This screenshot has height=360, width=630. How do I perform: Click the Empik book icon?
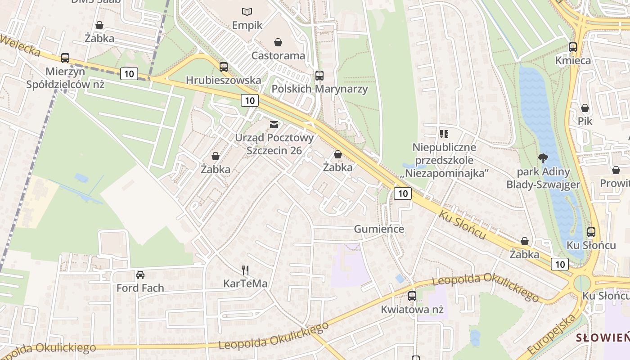click(x=247, y=12)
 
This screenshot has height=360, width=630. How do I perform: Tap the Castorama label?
click(x=278, y=56)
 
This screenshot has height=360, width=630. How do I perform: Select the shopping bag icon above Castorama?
click(x=278, y=42)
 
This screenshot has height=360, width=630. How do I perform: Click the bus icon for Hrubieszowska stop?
click(x=224, y=67)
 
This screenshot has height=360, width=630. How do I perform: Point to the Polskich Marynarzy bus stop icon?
click(x=319, y=75)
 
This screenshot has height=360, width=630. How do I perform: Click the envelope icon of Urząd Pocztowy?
click(x=274, y=124)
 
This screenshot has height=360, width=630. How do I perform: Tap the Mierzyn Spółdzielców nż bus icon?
click(x=65, y=58)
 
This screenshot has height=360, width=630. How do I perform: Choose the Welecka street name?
click(x=20, y=45)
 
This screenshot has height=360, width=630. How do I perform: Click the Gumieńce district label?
click(x=379, y=229)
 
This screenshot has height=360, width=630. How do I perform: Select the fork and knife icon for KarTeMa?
click(x=245, y=270)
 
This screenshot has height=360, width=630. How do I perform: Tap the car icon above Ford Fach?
click(x=140, y=274)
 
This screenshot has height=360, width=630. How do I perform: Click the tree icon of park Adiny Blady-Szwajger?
click(x=543, y=158)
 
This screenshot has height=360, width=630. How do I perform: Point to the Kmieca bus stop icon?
click(x=573, y=47)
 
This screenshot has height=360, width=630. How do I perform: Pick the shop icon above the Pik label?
click(x=585, y=108)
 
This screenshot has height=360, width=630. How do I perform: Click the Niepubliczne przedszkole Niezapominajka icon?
click(x=444, y=134)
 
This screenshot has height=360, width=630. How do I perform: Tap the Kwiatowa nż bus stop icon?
click(x=412, y=296)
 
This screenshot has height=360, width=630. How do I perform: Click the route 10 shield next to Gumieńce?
click(x=402, y=193)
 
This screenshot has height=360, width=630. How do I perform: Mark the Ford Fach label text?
click(x=140, y=288)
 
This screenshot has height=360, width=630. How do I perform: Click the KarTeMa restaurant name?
click(x=245, y=283)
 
